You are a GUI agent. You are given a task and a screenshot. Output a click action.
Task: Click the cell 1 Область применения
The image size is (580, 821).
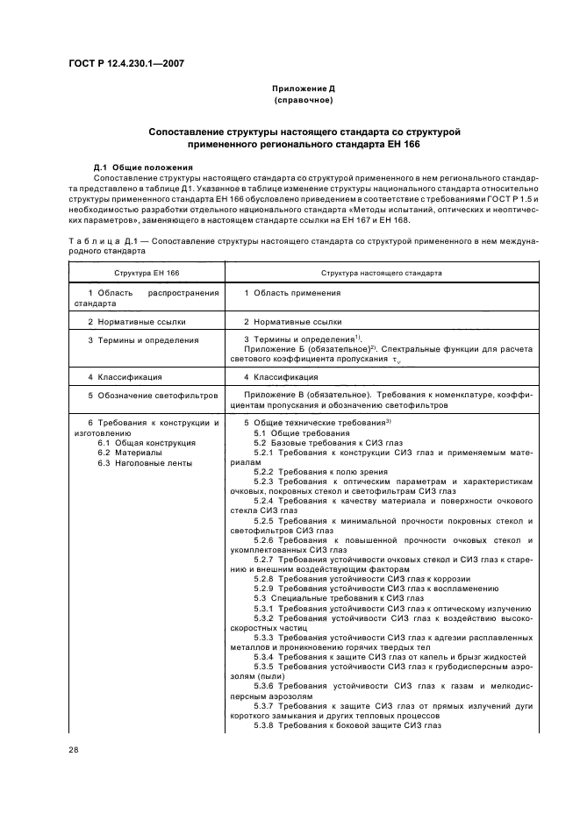[x=291, y=292]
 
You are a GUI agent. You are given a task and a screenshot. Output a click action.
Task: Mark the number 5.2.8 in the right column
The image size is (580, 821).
[x=266, y=579]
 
